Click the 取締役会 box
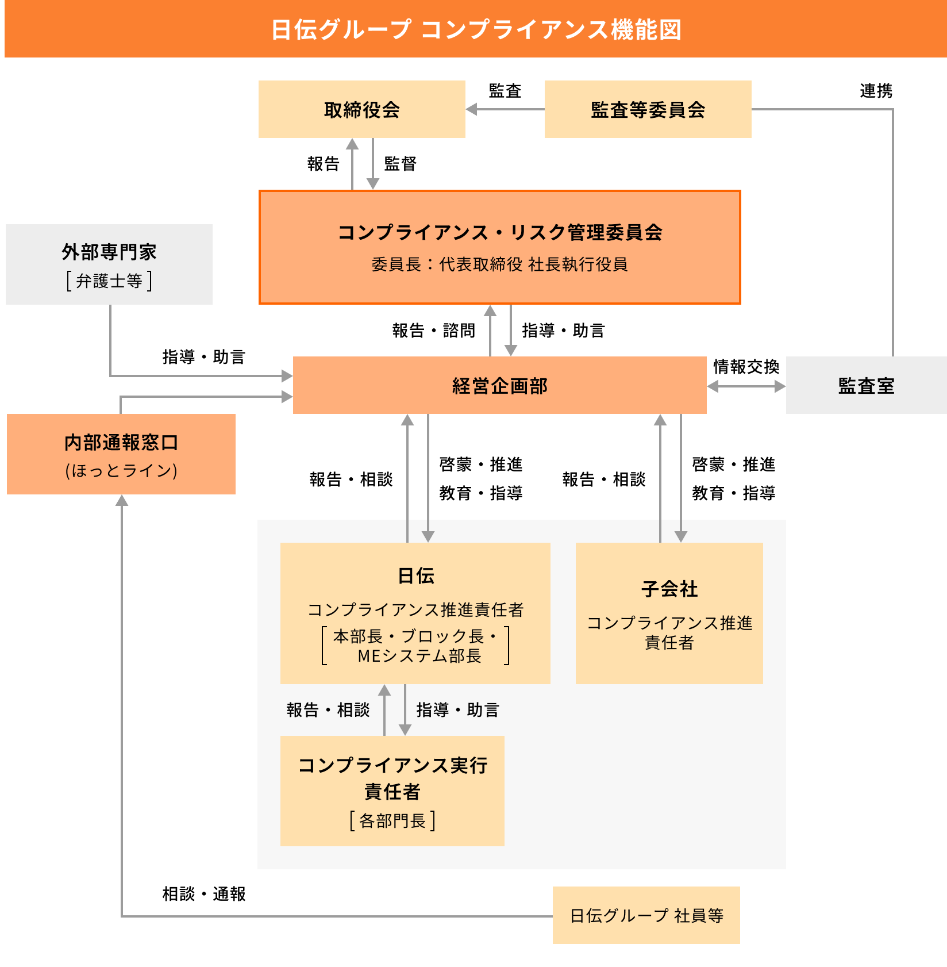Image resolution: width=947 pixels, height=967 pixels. click(361, 109)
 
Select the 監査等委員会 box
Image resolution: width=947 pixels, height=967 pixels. click(648, 109)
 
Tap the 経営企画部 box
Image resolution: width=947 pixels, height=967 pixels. click(499, 385)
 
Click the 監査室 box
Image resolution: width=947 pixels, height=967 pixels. click(866, 385)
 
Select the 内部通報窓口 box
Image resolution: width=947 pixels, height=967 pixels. click(121, 454)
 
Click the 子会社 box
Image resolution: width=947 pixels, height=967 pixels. click(669, 613)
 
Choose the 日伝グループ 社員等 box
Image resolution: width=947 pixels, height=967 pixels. click(646, 915)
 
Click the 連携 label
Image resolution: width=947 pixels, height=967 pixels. click(876, 91)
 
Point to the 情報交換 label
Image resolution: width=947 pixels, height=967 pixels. click(746, 367)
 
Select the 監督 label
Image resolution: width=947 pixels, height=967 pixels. click(400, 164)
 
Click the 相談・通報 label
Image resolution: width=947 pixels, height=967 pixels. click(204, 894)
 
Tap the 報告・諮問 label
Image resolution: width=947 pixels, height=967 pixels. click(434, 331)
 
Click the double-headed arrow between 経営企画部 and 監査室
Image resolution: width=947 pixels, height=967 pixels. click(746, 387)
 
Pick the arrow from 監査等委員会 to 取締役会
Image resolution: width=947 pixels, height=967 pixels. click(505, 109)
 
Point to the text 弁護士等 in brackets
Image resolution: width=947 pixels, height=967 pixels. click(109, 281)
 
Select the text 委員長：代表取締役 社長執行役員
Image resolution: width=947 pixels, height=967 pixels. click(499, 264)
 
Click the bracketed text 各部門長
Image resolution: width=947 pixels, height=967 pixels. click(392, 821)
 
